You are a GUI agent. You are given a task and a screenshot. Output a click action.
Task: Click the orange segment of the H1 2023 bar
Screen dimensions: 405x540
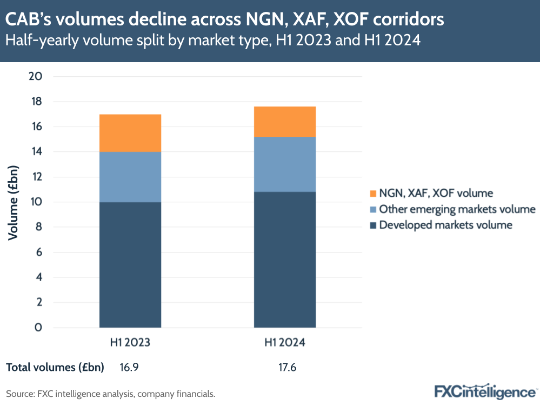point(130,133)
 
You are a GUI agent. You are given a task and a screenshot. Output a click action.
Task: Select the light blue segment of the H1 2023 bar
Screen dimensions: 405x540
point(130,177)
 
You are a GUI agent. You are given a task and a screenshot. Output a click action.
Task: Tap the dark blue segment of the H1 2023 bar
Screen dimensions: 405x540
point(130,264)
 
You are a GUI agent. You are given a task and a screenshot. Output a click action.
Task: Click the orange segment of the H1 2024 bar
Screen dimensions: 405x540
point(285,122)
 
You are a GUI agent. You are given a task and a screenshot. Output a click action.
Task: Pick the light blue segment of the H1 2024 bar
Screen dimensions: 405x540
point(285,164)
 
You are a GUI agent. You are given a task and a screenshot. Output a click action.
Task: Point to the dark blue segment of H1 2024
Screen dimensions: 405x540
point(285,260)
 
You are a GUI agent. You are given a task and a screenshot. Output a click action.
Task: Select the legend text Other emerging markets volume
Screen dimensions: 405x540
point(457,209)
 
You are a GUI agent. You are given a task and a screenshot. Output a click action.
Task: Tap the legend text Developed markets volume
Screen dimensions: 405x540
point(445,225)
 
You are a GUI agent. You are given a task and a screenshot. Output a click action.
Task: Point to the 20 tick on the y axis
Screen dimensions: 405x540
point(35,76)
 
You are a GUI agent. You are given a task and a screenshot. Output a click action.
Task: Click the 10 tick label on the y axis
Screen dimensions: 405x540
point(35,202)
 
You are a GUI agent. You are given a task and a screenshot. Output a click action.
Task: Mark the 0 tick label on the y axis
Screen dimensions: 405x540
point(38,328)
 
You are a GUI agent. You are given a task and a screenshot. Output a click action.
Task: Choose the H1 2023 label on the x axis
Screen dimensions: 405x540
point(130,343)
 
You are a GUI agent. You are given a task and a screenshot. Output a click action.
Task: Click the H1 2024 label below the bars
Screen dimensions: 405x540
point(285,343)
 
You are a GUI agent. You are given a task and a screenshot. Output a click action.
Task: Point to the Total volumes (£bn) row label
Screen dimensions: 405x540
point(55,368)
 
